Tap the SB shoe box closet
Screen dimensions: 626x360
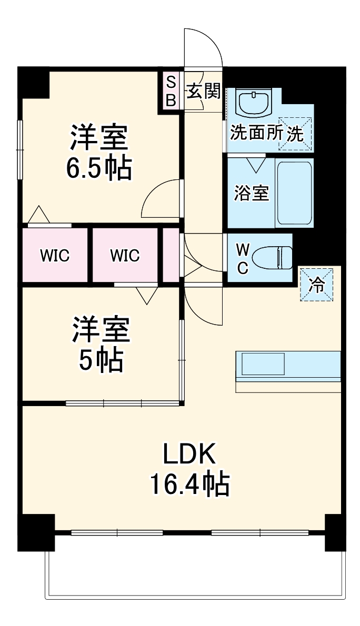pyautogui.click(x=171, y=91)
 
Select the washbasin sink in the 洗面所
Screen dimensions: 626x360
pyautogui.click(x=254, y=103)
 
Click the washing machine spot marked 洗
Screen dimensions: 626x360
pyautogui.click(x=295, y=133)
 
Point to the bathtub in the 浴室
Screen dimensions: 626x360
pyautogui.click(x=295, y=193)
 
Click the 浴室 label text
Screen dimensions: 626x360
pyautogui.click(x=251, y=194)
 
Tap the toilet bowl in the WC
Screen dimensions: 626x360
pyautogui.click(x=271, y=258)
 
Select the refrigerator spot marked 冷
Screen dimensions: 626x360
pyautogui.click(x=316, y=285)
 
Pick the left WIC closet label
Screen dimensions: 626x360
pyautogui.click(x=55, y=256)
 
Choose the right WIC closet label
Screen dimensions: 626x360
pyautogui.click(x=125, y=256)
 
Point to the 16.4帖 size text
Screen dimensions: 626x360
pyautogui.click(x=189, y=483)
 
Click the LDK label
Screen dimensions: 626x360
pyautogui.click(x=189, y=453)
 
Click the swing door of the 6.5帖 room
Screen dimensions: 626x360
pyautogui.click(x=161, y=199)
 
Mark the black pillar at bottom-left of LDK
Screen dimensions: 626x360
pyautogui.click(x=36, y=532)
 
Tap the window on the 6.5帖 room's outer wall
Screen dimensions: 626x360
pyautogui.click(x=21, y=149)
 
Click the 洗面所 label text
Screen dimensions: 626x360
pyautogui.click(x=256, y=133)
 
